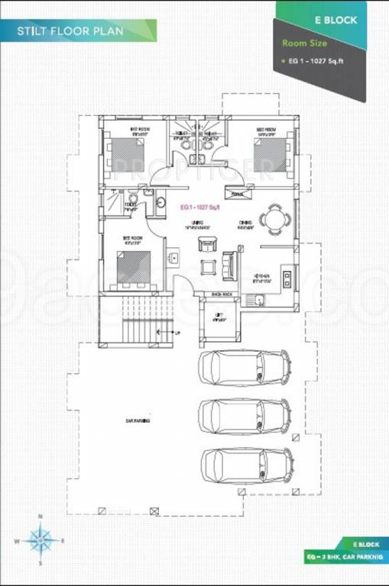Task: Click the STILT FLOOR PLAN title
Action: pos(71,32)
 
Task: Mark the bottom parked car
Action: pos(245,465)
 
